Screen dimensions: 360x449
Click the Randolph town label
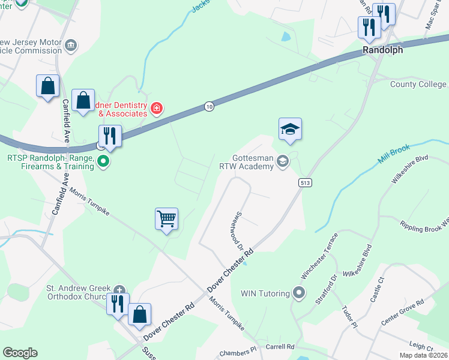tap(382, 50)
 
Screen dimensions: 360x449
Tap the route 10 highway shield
tap(208, 106)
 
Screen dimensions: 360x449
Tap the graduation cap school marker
tap(290, 128)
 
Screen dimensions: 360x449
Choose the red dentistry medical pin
tap(157, 108)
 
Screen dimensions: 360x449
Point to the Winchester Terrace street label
tap(319, 255)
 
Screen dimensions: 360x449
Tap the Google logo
tap(20, 353)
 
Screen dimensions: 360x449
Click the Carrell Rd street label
tap(280, 347)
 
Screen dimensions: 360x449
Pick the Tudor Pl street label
tap(350, 317)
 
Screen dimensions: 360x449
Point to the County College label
tap(418, 85)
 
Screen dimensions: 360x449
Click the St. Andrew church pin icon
tap(119, 289)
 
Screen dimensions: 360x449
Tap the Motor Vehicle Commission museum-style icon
tap(71, 46)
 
